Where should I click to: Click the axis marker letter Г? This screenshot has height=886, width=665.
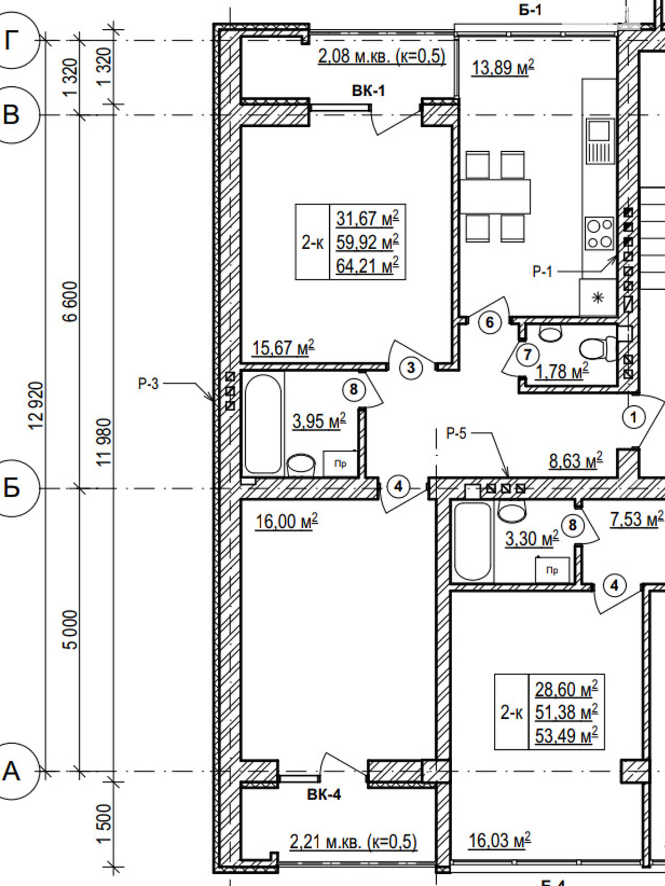pos(12,40)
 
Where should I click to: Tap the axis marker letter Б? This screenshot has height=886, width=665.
pos(12,488)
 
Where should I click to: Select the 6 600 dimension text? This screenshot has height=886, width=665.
pos(71,302)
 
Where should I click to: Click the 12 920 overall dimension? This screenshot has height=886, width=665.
pos(36,405)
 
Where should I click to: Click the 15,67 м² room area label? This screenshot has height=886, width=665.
pos(283,348)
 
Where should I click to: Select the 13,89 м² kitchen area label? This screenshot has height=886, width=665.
pos(503,68)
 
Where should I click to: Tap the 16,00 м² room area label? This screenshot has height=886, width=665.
pos(287,521)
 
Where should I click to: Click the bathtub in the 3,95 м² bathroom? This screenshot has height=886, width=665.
pos(263,424)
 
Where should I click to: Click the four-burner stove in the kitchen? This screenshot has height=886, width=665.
pos(600,234)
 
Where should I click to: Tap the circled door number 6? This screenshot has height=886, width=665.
pos(490,322)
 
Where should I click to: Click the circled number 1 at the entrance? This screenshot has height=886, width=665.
pos(634,417)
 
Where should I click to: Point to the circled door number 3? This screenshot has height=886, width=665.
pos(411,367)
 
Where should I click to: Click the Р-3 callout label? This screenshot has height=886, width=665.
pos(148,383)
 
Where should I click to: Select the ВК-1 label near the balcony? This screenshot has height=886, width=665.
pos(368,91)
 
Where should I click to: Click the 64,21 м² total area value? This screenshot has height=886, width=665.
pos(367,266)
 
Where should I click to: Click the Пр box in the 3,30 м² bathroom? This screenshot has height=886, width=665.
pos(552,570)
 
